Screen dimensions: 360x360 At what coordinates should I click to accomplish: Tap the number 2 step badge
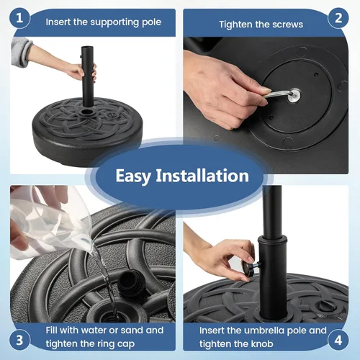click(338, 19)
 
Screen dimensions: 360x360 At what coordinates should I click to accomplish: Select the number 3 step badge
click(21, 339)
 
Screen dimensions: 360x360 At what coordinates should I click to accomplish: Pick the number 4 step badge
click(338, 339)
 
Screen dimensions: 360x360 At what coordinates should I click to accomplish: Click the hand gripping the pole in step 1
click(81, 71)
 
